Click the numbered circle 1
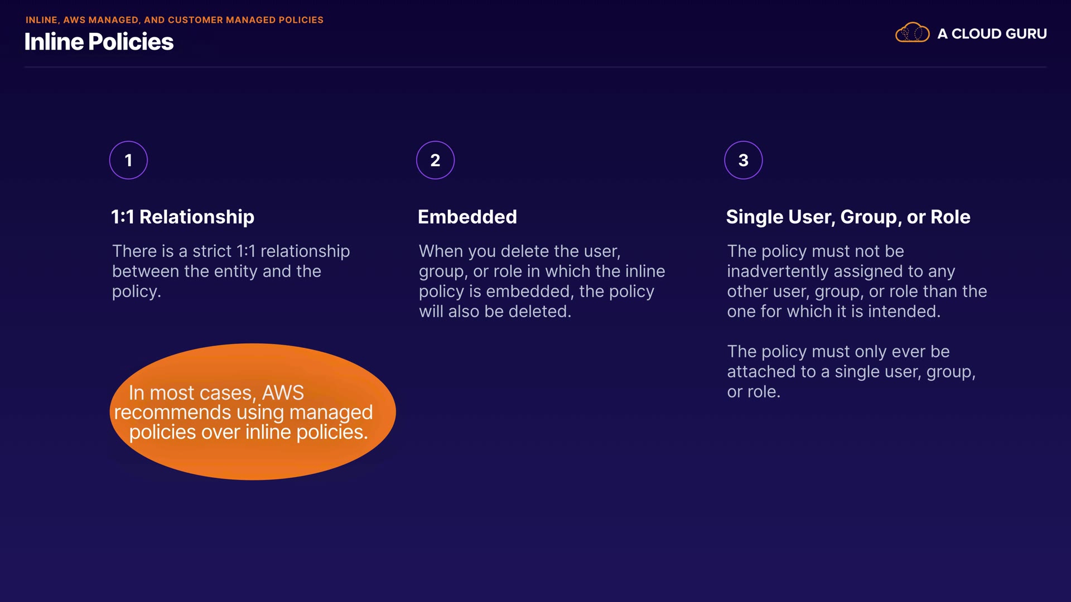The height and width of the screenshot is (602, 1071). click(x=128, y=161)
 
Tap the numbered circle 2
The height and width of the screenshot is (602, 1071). click(x=435, y=161)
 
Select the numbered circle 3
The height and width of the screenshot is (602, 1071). click(x=743, y=161)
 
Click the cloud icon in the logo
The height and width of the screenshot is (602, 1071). click(x=912, y=33)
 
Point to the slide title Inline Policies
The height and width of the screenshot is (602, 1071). click(x=99, y=42)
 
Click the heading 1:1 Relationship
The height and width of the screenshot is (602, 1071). click(x=182, y=217)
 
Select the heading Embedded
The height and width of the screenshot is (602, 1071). click(x=467, y=217)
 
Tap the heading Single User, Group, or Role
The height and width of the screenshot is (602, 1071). click(x=848, y=217)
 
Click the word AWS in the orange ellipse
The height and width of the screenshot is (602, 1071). click(x=283, y=393)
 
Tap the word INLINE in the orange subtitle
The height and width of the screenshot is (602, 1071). click(x=42, y=20)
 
